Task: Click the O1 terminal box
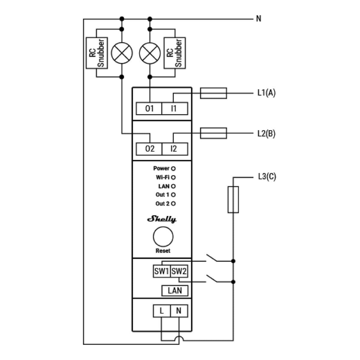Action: pos(149,109)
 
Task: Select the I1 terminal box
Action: pos(175,109)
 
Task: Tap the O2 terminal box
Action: pos(149,149)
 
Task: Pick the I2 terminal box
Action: pos(175,149)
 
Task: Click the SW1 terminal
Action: pos(162,271)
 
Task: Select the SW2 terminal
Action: pos(179,271)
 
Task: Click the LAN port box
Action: pos(175,290)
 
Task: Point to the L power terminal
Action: pos(162,311)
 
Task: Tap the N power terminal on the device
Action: pos(179,311)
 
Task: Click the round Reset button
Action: pos(163,237)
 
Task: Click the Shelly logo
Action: pos(162,219)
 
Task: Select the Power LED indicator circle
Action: pos(173,169)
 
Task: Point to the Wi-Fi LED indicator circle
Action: pos(173,178)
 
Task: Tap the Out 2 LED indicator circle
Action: pos(173,204)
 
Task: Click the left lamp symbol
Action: pos(121,53)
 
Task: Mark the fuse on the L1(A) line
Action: pos(213,93)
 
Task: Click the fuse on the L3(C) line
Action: pos(233,199)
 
